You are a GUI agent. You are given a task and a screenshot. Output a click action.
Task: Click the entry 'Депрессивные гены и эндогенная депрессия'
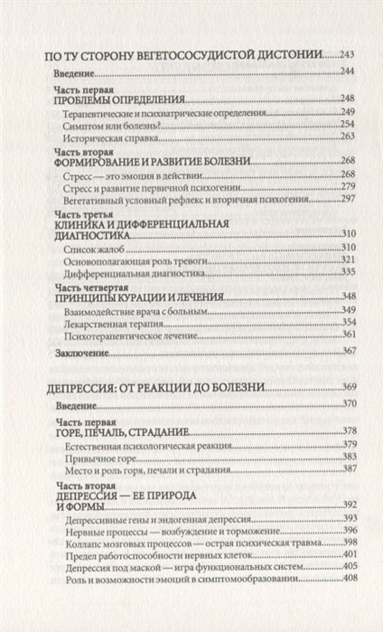click(x=155, y=518)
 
